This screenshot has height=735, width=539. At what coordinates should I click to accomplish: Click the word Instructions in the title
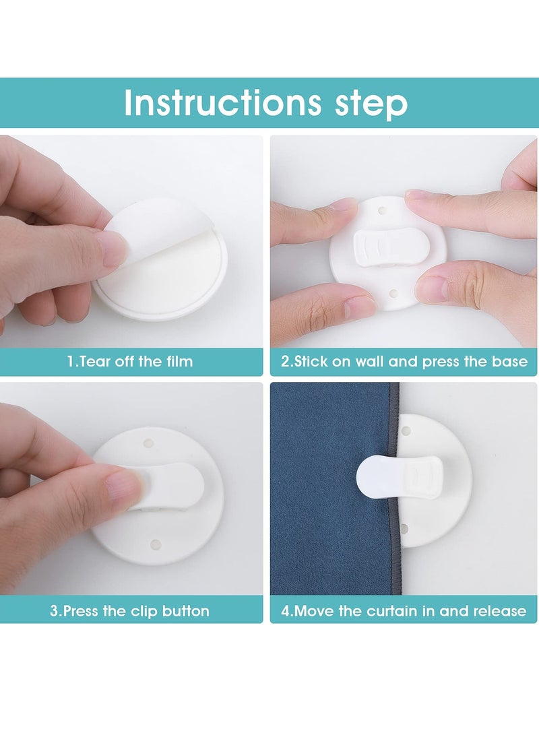(222, 102)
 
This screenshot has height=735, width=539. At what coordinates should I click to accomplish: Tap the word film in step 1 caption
(179, 361)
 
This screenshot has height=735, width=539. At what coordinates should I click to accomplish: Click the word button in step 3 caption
(185, 611)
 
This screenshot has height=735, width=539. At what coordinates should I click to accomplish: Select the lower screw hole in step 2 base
(393, 294)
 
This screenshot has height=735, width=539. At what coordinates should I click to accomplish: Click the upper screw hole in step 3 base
(149, 443)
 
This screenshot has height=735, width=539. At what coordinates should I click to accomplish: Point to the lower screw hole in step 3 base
(155, 545)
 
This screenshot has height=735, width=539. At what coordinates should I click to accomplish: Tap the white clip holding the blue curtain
(400, 478)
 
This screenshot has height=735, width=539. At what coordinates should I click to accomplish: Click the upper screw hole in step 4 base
(406, 430)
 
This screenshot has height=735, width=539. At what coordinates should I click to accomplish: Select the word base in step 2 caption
(509, 361)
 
